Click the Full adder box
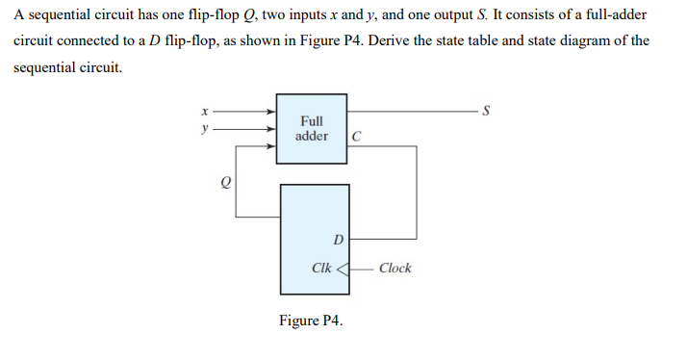coord(313,128)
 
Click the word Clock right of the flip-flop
coord(394,268)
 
